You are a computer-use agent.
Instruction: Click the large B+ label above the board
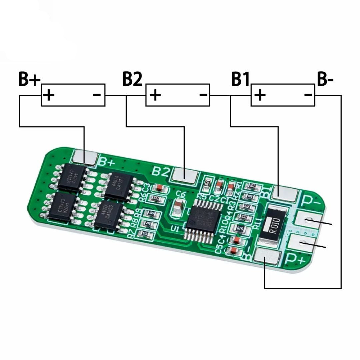pyautogui.click(x=29, y=80)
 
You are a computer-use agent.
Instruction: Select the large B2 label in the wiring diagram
pyautogui.click(x=132, y=80)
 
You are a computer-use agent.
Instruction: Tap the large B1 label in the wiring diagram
pyautogui.click(x=240, y=80)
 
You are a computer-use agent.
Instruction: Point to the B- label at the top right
pyautogui.click(x=325, y=80)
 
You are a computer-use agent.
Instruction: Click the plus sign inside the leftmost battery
pyautogui.click(x=49, y=95)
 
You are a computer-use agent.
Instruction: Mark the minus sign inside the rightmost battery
pyautogui.click(x=308, y=95)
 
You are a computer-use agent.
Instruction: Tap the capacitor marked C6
pyautogui.click(x=179, y=206)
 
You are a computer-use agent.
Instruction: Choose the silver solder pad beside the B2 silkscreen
pyautogui.click(x=184, y=174)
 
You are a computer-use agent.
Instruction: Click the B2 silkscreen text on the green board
pyautogui.click(x=161, y=171)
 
